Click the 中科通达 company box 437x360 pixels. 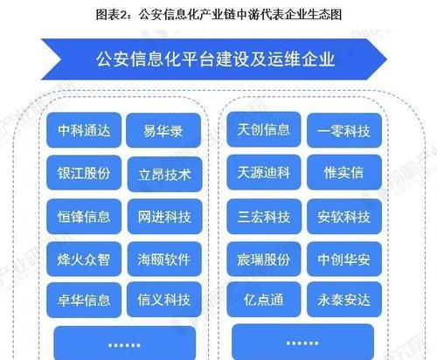tap(84, 130)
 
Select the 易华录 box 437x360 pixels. tap(163, 130)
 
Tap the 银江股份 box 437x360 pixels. tap(84, 173)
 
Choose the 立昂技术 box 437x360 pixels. tap(165, 174)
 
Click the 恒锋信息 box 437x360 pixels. tap(84, 217)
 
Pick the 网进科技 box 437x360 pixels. tap(165, 217)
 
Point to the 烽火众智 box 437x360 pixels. tap(84, 259)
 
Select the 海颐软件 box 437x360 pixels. tap(164, 259)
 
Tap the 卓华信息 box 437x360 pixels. tap(84, 300)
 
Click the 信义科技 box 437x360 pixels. tap(164, 300)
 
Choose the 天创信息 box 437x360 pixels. tap(264, 129)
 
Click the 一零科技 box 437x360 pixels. tap(344, 130)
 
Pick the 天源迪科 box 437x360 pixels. tap(264, 172)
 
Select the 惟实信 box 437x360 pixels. tap(344, 172)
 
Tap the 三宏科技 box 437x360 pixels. tap(264, 217)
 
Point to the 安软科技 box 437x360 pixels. tap(344, 217)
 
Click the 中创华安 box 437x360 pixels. tap(344, 259)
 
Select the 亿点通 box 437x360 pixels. tap(264, 300)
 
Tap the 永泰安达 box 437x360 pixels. tap(344, 300)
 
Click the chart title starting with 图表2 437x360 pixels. tap(218, 14)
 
